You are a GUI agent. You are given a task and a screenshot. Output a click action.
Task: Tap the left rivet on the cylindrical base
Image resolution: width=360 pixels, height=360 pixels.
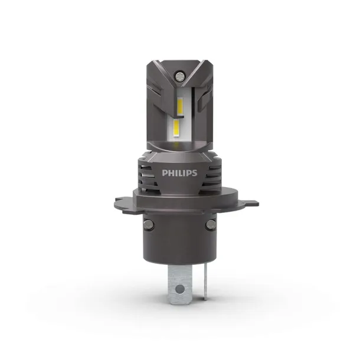pyautogui.click(x=150, y=227)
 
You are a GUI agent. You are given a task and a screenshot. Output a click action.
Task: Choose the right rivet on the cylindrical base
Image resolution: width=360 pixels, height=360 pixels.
pyautogui.click(x=211, y=227)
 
